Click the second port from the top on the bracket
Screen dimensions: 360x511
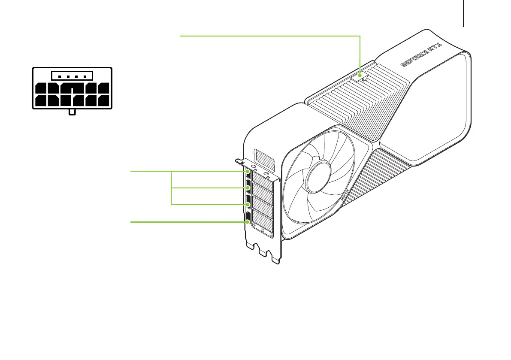click(x=248, y=188)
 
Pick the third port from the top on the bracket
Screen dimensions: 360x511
click(x=248, y=204)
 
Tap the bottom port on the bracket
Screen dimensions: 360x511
click(x=248, y=221)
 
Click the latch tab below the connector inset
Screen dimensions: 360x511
click(x=72, y=112)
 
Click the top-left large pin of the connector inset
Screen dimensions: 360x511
click(x=42, y=88)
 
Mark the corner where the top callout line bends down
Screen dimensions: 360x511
click(x=360, y=36)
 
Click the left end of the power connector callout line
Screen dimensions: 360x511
click(x=181, y=36)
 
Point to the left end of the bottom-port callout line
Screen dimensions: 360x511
click(x=131, y=222)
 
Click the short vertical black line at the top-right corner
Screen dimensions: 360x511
click(x=464, y=13)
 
